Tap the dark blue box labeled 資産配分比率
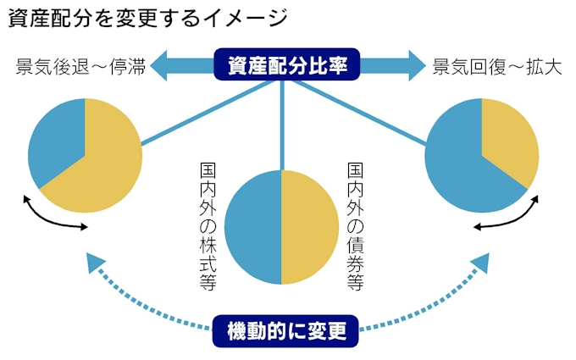pyautogui.click(x=287, y=64)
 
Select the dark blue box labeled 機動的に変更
pyautogui.click(x=287, y=330)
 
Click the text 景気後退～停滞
pyautogui.click(x=81, y=67)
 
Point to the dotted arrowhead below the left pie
pyautogui.click(x=96, y=264)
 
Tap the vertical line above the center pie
pyautogui.click(x=281, y=127)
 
